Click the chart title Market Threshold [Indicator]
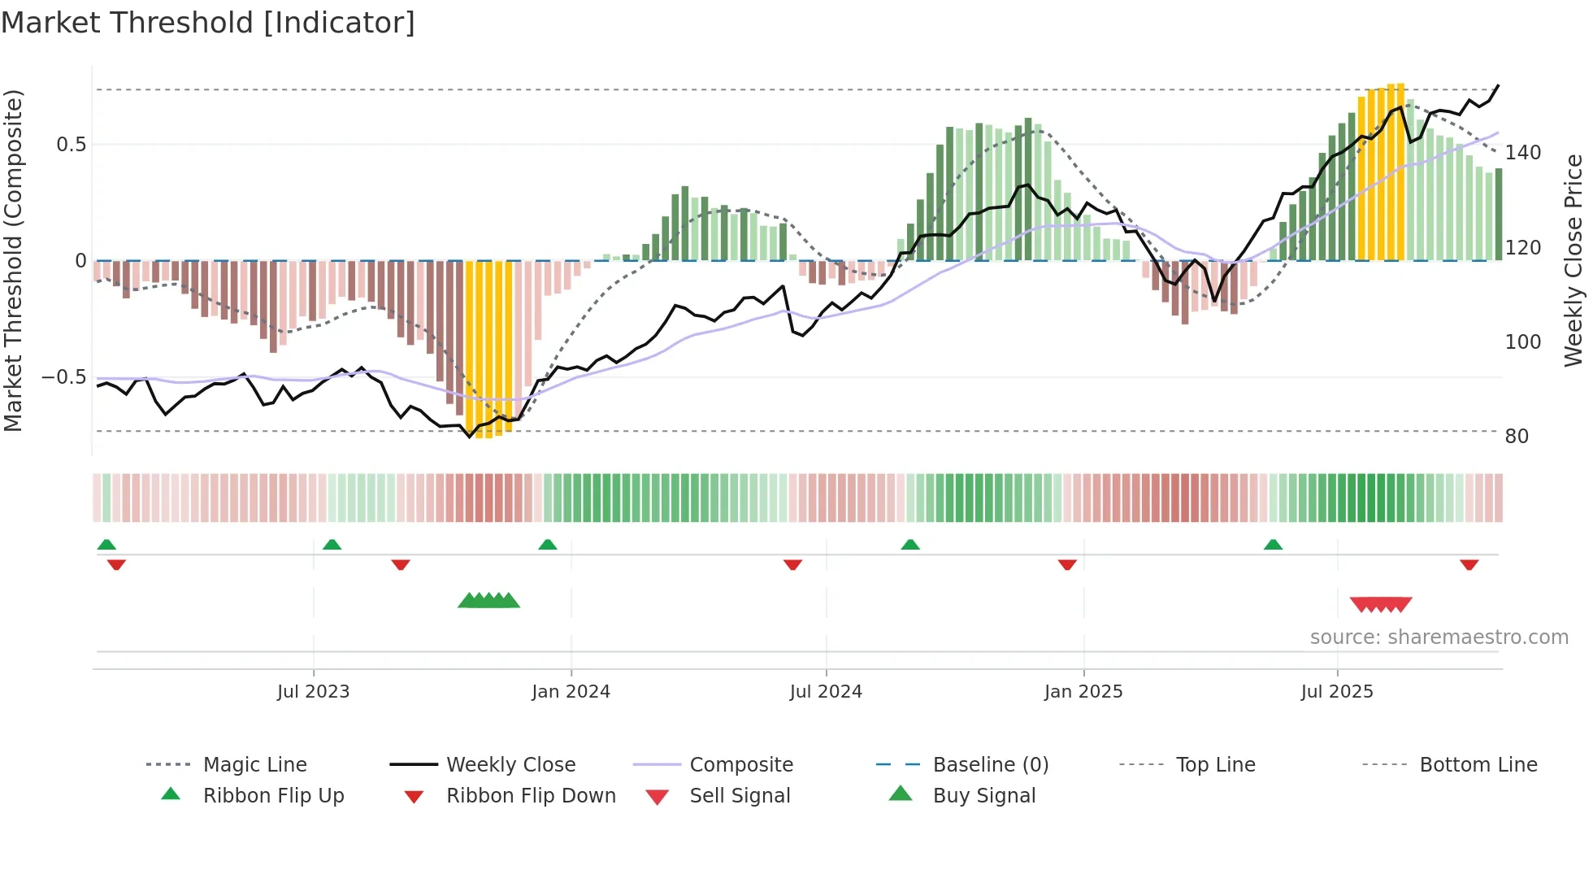(x=208, y=23)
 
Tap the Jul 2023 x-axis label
(x=313, y=692)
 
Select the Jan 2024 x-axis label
(x=571, y=692)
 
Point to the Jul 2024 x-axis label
(x=826, y=692)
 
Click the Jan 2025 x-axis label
(x=1083, y=692)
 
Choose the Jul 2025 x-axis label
(x=1337, y=692)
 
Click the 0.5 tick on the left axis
(x=72, y=145)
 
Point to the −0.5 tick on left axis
(x=64, y=377)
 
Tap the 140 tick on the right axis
(x=1522, y=153)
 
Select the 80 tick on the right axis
(x=1517, y=437)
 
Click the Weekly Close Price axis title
(x=1573, y=260)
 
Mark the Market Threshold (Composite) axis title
(x=13, y=260)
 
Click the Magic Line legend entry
(x=254, y=765)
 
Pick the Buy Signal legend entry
(x=983, y=796)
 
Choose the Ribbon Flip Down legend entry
(x=530, y=796)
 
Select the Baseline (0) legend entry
(x=990, y=765)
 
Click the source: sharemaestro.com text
(x=1439, y=637)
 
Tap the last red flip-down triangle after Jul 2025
(x=1469, y=564)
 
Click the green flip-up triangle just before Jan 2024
(x=548, y=545)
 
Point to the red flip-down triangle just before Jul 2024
(x=792, y=564)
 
